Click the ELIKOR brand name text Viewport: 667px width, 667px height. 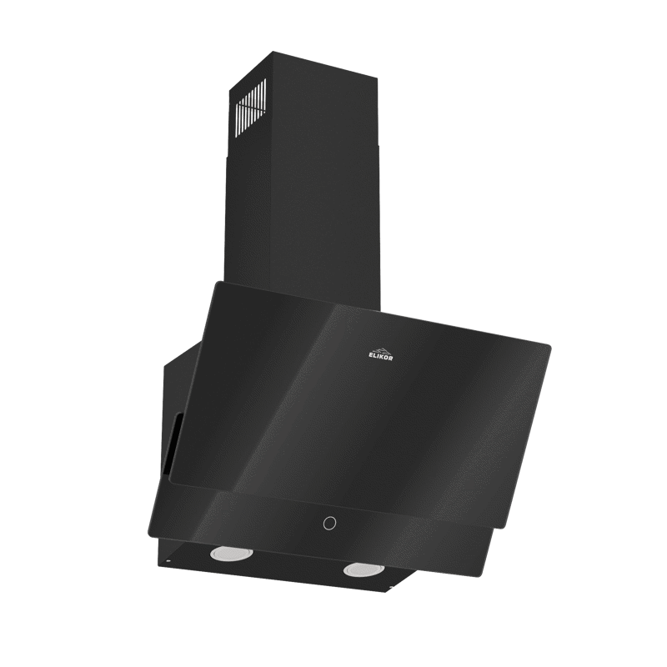pyautogui.click(x=381, y=358)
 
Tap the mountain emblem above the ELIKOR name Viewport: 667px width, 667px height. pyautogui.click(x=380, y=350)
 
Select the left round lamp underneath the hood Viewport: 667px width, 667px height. pyautogui.click(x=232, y=554)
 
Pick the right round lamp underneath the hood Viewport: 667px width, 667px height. pyautogui.click(x=365, y=569)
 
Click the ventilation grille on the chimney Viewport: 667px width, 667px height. pyautogui.click(x=252, y=109)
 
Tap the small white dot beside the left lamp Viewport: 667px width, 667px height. pyautogui.click(x=169, y=561)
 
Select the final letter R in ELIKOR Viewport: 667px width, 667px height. pyautogui.click(x=391, y=359)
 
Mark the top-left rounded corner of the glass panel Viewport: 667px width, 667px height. pyautogui.click(x=218, y=283)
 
